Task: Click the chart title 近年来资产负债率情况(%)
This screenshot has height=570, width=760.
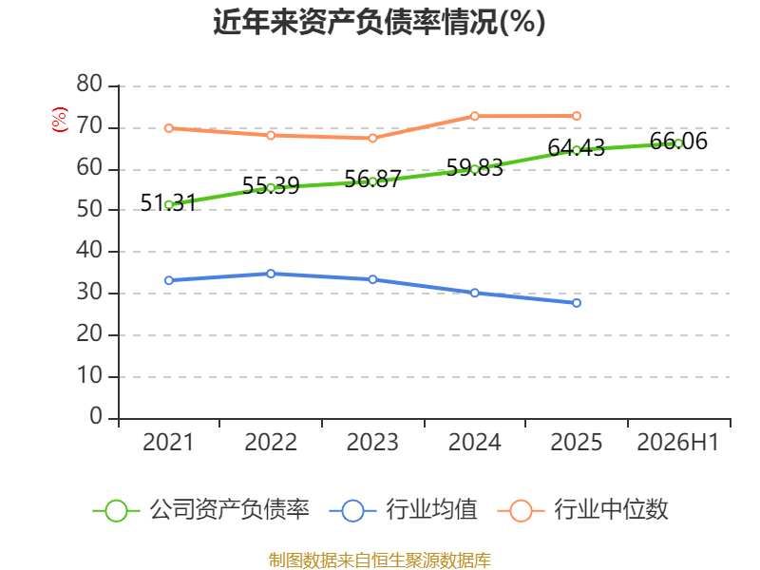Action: (x=379, y=22)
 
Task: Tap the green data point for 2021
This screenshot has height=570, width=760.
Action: (x=169, y=205)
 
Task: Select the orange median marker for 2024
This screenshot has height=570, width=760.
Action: (x=474, y=116)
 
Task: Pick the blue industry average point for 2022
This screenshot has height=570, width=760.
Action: (x=271, y=274)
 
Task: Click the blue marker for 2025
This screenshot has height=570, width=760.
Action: (x=577, y=303)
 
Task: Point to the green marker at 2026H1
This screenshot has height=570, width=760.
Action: (x=678, y=143)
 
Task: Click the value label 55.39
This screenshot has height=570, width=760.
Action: (x=271, y=185)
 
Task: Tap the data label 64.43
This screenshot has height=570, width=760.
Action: (x=577, y=148)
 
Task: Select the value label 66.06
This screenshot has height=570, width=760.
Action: (x=678, y=141)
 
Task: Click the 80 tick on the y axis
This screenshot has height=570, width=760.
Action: (x=89, y=85)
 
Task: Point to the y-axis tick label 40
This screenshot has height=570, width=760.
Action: (x=89, y=251)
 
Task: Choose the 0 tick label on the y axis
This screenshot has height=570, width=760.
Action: (x=96, y=417)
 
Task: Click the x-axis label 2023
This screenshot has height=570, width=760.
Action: (x=372, y=443)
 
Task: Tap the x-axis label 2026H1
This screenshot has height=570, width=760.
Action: (x=678, y=443)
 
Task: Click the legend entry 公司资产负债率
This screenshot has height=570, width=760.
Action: (x=201, y=510)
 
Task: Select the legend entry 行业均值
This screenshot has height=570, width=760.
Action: (x=403, y=510)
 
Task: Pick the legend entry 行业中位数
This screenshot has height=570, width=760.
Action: (x=582, y=510)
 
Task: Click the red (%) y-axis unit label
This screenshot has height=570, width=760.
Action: (x=59, y=120)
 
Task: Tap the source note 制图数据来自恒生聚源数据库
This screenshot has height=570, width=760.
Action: (x=380, y=560)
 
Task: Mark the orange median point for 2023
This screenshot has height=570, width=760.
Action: (x=372, y=138)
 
